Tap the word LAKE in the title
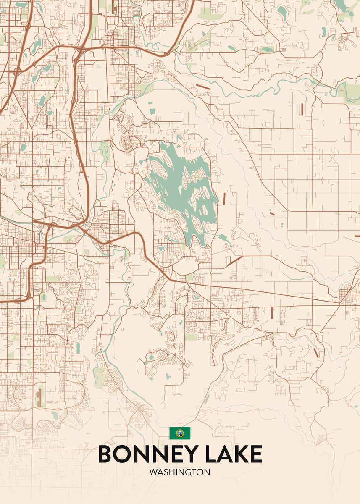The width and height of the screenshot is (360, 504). click(235, 454)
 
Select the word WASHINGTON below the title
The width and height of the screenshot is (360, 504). click(180, 472)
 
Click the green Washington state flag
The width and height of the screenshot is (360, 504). click(180, 433)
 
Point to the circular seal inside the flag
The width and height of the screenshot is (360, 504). click(180, 433)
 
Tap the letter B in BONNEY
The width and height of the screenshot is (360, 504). click(106, 454)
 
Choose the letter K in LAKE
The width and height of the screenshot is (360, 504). click(240, 454)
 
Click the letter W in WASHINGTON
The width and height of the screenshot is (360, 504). click(152, 472)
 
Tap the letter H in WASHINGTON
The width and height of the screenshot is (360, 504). click(171, 472)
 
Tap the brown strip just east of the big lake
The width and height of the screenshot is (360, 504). click(224, 198)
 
